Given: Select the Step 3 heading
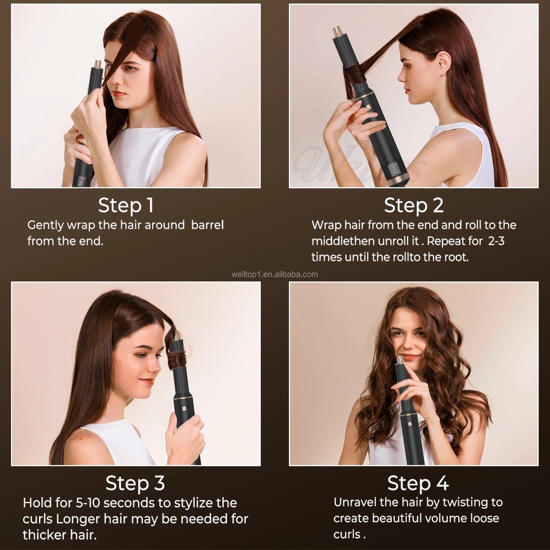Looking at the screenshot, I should [x=135, y=483].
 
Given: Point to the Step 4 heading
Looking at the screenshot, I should [x=418, y=483].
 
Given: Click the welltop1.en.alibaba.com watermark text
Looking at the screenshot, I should [x=275, y=275].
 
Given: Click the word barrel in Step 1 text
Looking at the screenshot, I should [x=207, y=225].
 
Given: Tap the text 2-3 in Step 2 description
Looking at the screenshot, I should [x=496, y=241].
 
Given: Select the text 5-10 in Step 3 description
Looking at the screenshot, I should [x=88, y=503].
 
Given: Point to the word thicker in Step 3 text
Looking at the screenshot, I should [x=42, y=535].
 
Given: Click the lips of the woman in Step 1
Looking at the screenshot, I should [x=119, y=94].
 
